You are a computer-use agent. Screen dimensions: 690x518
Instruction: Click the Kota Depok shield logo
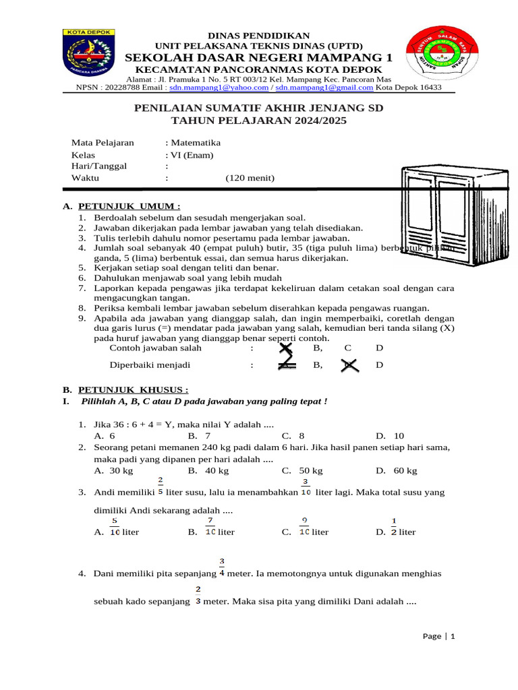[x=90, y=53]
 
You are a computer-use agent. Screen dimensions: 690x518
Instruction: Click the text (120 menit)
[x=250, y=178]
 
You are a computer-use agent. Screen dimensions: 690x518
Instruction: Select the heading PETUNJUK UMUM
[x=129, y=206]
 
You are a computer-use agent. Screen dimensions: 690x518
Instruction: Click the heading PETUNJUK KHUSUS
[x=133, y=389]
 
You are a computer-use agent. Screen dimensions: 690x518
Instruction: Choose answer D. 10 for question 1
[x=390, y=436]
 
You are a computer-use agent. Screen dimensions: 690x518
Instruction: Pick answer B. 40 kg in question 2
[x=208, y=470]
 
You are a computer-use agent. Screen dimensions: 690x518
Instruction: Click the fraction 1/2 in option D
[x=394, y=526]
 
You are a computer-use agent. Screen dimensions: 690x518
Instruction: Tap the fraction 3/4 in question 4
[x=222, y=567]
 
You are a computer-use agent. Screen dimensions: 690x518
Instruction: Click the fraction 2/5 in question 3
[x=161, y=487]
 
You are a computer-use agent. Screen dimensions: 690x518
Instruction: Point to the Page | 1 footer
[x=439, y=636]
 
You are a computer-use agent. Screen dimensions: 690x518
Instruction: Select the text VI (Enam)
[x=192, y=155]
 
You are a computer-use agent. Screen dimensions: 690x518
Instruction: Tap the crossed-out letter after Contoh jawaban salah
[x=286, y=348]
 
